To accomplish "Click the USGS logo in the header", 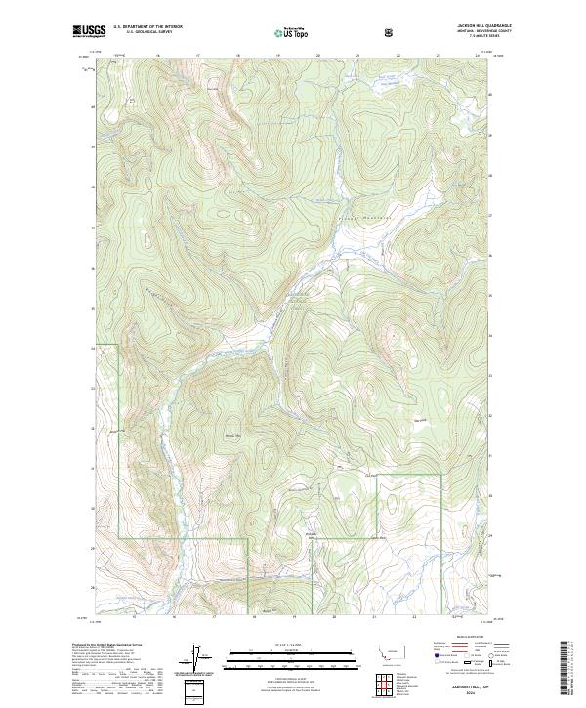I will click(88, 32).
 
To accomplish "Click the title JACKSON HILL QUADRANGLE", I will click(482, 26).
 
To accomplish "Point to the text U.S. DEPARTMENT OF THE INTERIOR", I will click(147, 27).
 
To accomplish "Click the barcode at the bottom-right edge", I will click(565, 668).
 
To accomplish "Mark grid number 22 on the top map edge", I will click(398, 56).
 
